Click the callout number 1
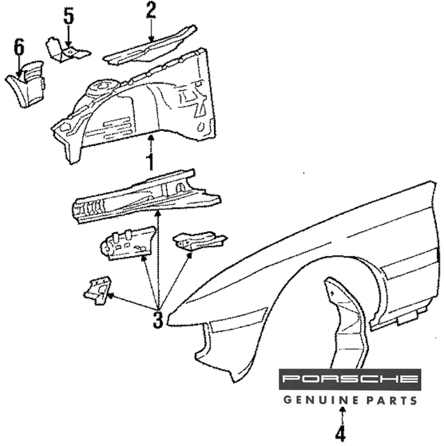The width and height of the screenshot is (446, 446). [x=151, y=163]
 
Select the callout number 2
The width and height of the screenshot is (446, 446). [x=151, y=11]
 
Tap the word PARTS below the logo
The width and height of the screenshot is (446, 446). [x=391, y=400]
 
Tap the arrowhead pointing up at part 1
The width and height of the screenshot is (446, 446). [x=151, y=139]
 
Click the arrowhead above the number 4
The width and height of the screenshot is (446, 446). [x=342, y=409]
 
